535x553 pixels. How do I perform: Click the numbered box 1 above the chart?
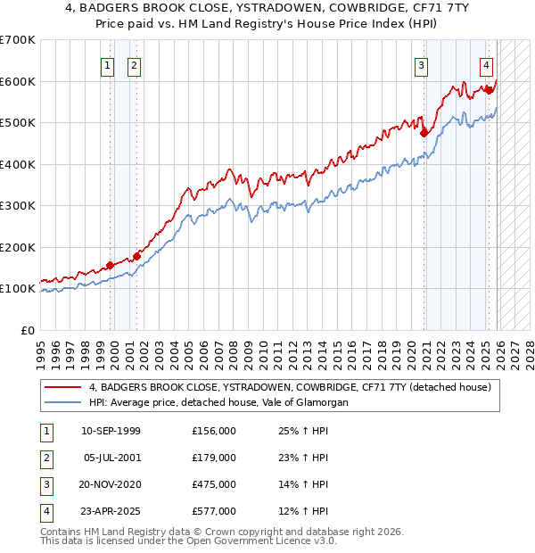pos(107,64)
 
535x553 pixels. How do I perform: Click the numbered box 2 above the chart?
pos(134,64)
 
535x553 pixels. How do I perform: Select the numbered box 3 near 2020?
pos(421,64)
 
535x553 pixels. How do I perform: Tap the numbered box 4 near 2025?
pos(486,64)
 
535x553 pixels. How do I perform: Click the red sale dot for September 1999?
pos(110,265)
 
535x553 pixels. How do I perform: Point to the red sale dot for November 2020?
pos(424,133)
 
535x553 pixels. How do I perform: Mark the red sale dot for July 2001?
pos(136,256)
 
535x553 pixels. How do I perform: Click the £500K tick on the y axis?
pos(18,122)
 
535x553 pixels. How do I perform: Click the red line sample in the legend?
pos(64,387)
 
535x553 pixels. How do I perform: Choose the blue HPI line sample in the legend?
pos(64,403)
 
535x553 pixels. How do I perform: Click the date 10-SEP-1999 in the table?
pos(111,431)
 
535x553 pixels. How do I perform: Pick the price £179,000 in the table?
pos(213,458)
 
